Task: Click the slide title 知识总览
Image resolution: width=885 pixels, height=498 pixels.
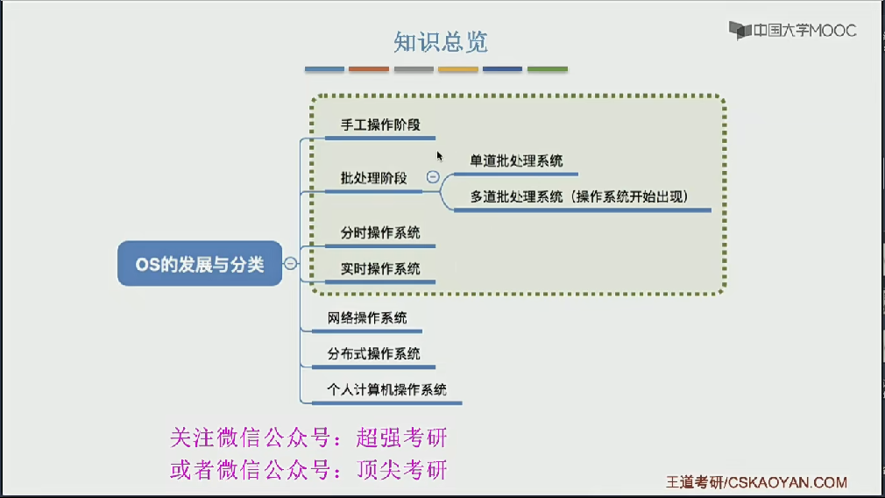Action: coord(441,41)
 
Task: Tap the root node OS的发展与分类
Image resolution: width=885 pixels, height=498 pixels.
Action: coord(200,264)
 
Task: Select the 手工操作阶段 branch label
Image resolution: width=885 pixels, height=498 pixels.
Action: coord(380,125)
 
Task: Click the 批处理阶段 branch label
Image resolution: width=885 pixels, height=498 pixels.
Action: coord(374,178)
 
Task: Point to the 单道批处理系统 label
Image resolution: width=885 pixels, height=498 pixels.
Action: coord(516,160)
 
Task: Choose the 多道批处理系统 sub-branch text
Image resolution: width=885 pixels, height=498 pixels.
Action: coord(579,196)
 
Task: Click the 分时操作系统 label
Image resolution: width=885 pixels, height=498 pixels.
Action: coord(380,232)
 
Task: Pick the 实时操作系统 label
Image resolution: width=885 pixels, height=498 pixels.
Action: coord(380,268)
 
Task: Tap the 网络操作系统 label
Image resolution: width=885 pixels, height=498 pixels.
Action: coord(367,317)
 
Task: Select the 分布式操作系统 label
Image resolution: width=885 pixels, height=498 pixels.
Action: coord(373,353)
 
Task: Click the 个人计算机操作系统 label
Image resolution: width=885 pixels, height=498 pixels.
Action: coord(386,389)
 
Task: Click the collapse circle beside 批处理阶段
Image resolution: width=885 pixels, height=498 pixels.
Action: coord(433,177)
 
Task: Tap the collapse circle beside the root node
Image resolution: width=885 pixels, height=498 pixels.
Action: coord(291,263)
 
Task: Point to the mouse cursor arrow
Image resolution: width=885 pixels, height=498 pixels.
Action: coord(440,155)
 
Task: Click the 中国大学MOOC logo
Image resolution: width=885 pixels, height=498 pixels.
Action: coord(793,31)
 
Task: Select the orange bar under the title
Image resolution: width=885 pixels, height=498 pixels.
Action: coord(368,69)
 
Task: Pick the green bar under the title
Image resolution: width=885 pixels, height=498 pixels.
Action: coord(547,69)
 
